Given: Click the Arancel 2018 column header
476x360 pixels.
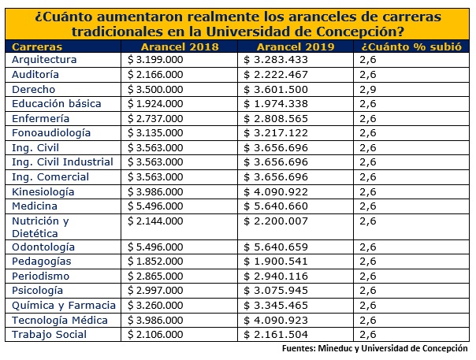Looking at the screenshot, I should click(180, 46).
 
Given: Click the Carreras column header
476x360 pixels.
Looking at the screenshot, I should click(39, 46).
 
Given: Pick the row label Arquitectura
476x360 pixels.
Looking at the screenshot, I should click(44, 60).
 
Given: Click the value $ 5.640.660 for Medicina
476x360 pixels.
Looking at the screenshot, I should click(281, 206).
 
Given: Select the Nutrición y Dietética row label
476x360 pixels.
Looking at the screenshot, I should click(41, 227).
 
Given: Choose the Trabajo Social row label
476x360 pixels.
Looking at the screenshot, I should click(50, 335).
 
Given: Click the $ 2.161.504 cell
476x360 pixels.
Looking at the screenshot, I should click(281, 335).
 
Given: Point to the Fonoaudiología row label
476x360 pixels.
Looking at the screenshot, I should click(51, 133).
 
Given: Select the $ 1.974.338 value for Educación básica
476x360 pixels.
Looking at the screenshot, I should click(281, 104).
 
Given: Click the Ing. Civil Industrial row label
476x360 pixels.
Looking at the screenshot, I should click(63, 162).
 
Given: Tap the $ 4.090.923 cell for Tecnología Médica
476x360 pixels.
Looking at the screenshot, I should click(281, 321).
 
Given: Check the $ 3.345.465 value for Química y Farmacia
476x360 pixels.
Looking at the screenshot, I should click(281, 306).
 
